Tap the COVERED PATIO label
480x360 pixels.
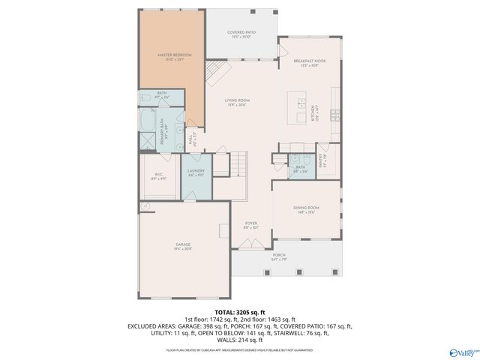coord(241,33)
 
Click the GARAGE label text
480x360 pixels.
coord(183,246)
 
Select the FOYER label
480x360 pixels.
coord(250,224)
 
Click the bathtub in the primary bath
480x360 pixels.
coord(148,120)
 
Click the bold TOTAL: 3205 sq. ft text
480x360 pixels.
coord(240,311)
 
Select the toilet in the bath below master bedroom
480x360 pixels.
coord(145,98)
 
